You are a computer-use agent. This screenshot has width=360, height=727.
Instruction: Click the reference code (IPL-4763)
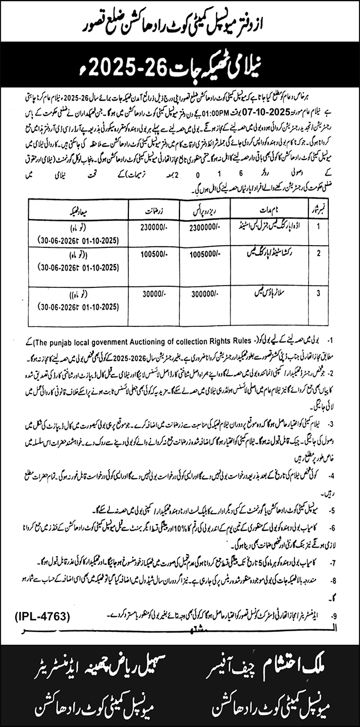tap(41, 615)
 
